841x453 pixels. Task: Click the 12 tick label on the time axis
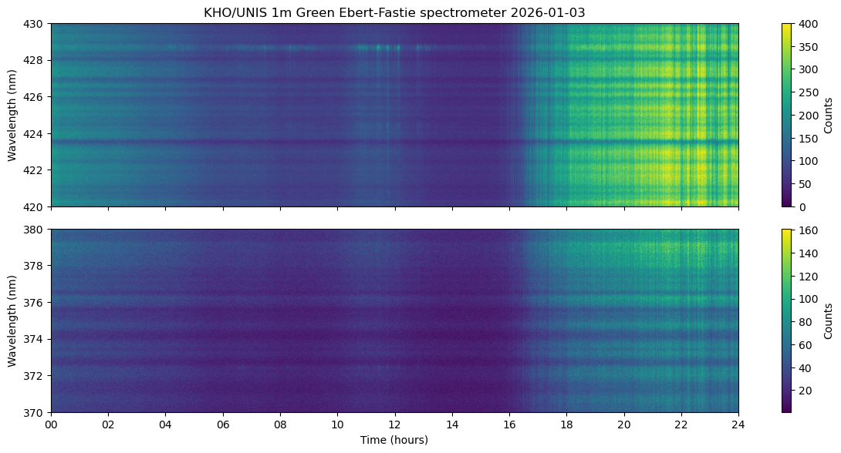(394, 424)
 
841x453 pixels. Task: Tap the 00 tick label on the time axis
(52, 424)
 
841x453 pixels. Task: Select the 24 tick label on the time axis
(738, 424)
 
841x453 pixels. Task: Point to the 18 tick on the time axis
(566, 413)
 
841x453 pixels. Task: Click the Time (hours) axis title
(394, 440)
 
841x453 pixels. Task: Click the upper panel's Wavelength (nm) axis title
(12, 116)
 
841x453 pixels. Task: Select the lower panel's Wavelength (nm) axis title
(12, 321)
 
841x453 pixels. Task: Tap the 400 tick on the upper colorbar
(792, 24)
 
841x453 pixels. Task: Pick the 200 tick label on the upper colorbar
(803, 116)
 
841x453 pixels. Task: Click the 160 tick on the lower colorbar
(792, 230)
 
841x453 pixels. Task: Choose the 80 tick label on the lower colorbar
(800, 321)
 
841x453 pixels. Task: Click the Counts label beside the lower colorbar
(828, 321)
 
